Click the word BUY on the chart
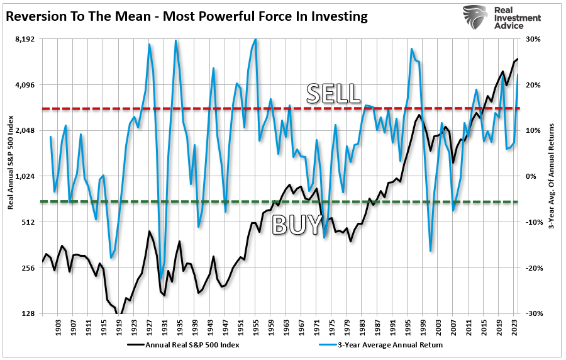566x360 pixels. click(297, 224)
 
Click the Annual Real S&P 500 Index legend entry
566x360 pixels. click(192, 345)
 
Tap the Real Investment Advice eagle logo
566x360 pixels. click(476, 18)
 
